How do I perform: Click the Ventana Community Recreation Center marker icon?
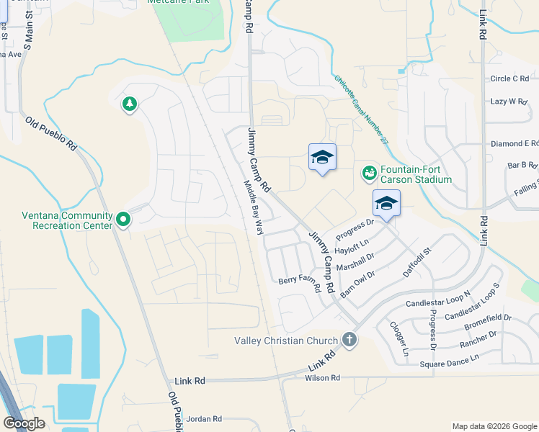click(123, 218)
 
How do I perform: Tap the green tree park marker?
click(130, 105)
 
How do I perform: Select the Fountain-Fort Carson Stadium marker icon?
click(369, 173)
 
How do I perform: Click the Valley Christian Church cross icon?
click(349, 340)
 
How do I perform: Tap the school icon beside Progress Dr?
click(386, 204)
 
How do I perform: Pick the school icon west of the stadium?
click(322, 157)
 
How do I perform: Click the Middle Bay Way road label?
click(252, 207)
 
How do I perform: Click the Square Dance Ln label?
click(449, 366)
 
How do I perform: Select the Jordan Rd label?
click(203, 418)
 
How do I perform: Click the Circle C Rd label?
click(509, 78)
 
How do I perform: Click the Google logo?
click(24, 423)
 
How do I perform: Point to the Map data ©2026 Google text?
click(493, 426)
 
